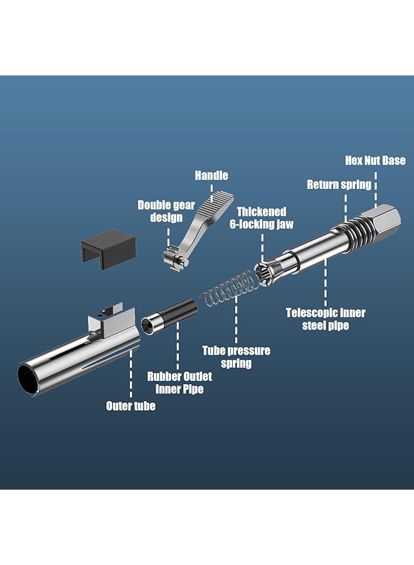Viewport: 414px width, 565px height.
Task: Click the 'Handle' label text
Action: pos(211,176)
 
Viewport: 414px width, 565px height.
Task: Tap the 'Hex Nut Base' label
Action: pos(375,161)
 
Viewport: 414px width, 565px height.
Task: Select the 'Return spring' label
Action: pos(339,185)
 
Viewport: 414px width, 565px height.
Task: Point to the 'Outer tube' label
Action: pos(130,406)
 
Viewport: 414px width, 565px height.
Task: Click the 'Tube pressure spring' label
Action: pos(236,357)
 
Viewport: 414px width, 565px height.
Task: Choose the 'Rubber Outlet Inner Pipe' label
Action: pos(179,382)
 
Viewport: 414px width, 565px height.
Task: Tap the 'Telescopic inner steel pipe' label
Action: pos(326,318)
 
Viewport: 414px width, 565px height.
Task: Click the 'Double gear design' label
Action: pos(160,211)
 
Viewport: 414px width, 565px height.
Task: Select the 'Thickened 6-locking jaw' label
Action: pos(261,218)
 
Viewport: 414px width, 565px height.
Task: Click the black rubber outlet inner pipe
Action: pos(167,315)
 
